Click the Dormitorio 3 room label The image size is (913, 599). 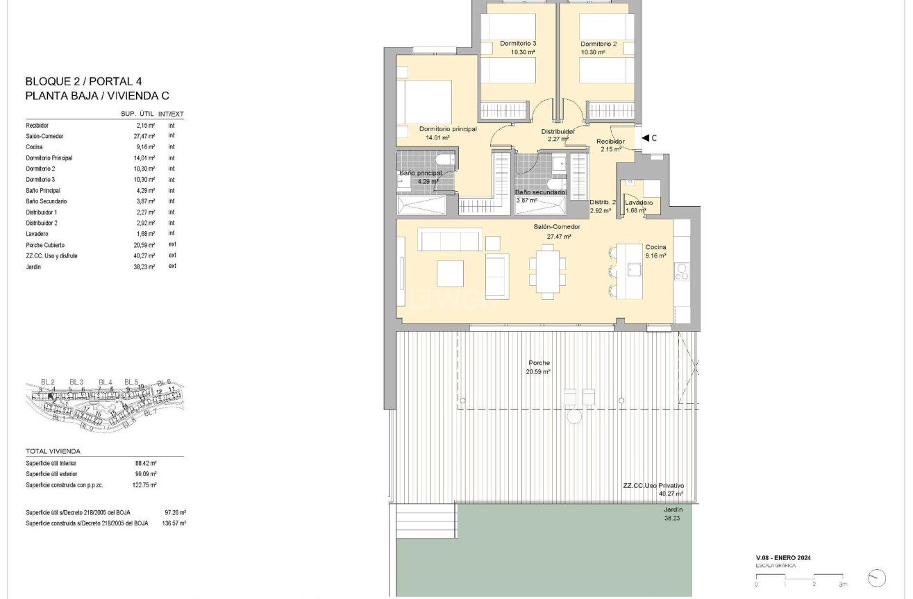point(518,47)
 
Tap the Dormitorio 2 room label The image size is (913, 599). point(598,47)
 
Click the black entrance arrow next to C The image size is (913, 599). point(645,138)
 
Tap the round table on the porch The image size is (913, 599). point(574,416)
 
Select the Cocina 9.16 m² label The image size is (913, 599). point(655,251)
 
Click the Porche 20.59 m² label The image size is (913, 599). point(539,367)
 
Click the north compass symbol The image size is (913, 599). point(877,577)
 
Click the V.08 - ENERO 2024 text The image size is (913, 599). point(783,558)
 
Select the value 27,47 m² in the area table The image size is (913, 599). point(146,136)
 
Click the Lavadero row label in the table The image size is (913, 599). point(37,234)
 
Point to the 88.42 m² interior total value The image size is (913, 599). point(146,463)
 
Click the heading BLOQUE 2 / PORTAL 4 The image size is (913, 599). point(83,81)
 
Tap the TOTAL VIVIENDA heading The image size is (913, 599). point(53,451)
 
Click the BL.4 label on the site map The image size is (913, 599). point(105,382)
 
